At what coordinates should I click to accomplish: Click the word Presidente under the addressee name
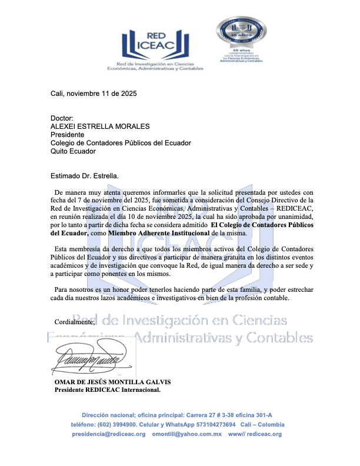(67, 134)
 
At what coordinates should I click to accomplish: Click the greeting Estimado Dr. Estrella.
(85, 175)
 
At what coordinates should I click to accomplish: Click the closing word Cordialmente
(74, 322)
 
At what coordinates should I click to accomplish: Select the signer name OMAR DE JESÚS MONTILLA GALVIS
(112, 382)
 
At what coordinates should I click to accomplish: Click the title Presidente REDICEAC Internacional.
(107, 390)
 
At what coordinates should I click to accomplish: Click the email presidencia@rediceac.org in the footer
(109, 434)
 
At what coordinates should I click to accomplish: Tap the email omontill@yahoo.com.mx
(186, 434)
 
